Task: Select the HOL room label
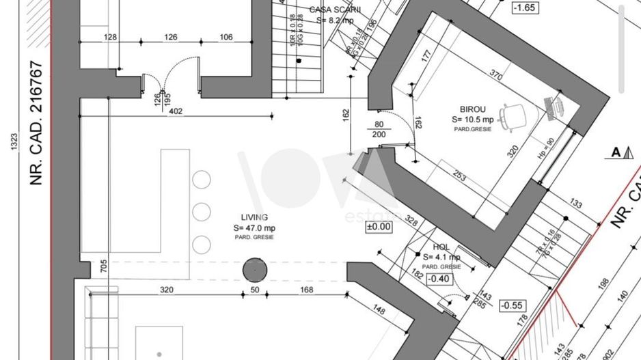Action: coord(440,247)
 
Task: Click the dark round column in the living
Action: coord(254,270)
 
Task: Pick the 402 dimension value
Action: coord(175,111)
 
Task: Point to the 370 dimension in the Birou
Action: coord(497,73)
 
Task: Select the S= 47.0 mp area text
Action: coord(254,227)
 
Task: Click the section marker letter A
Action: coord(616,152)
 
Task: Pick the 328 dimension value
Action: coord(411,221)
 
